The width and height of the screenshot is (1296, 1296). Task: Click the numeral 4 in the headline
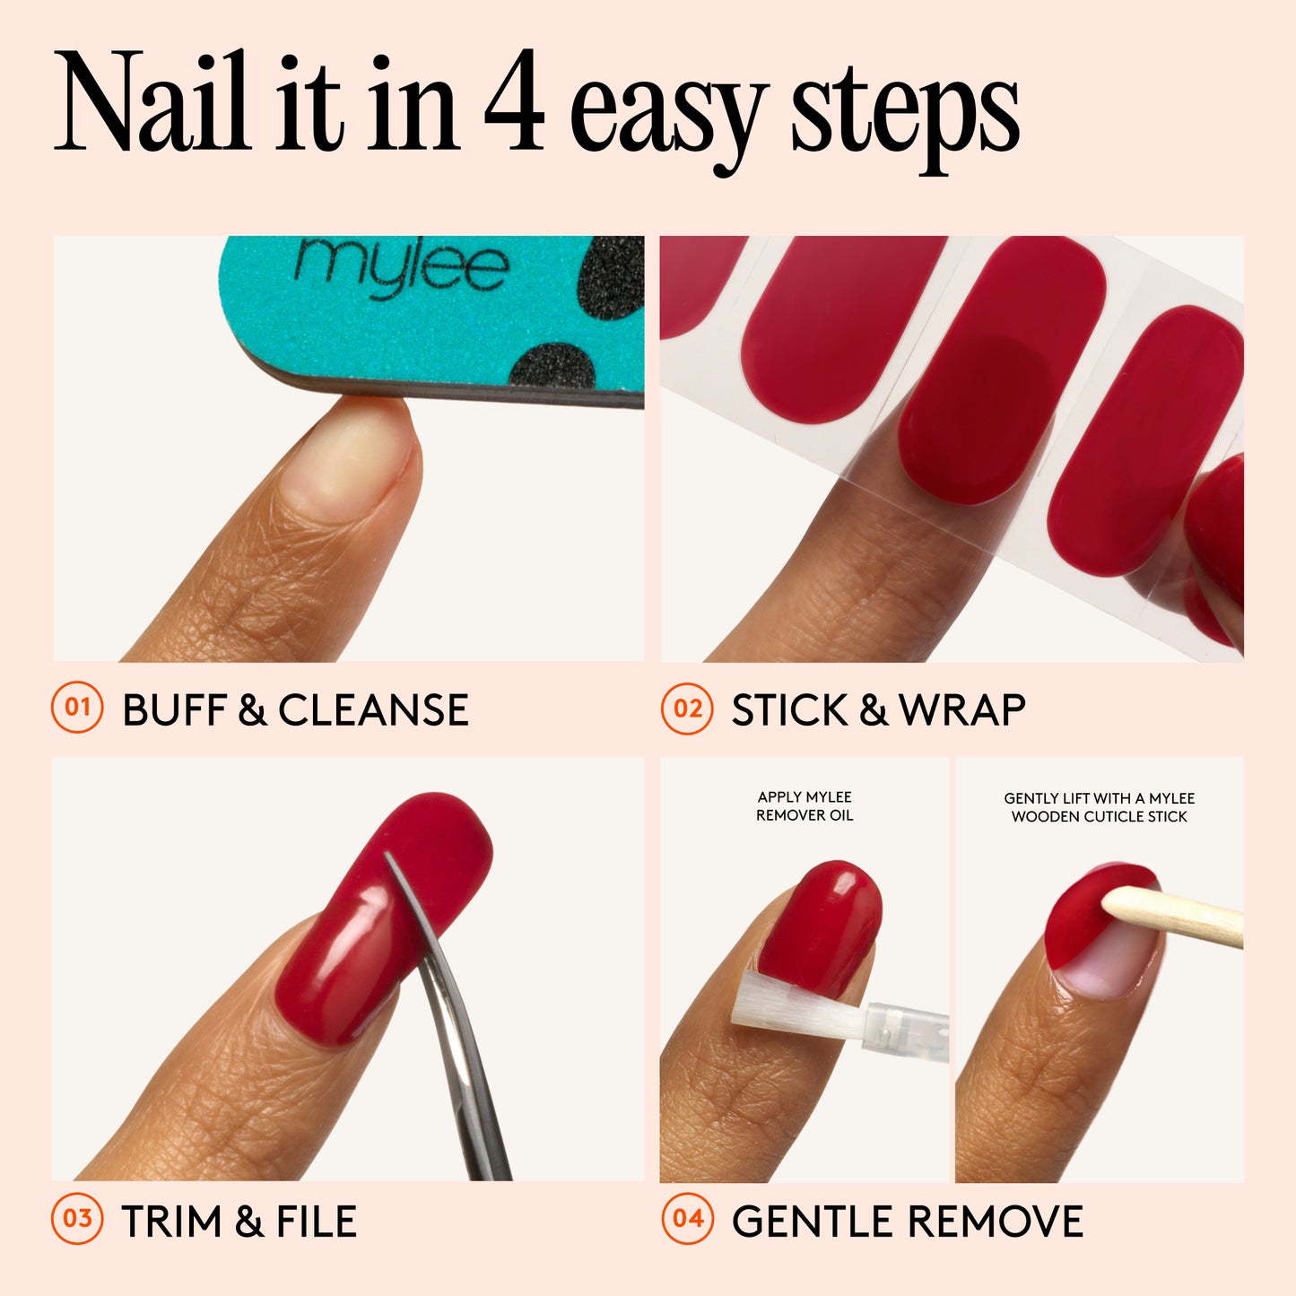[515, 106]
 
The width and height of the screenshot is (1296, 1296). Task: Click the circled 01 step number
[77, 709]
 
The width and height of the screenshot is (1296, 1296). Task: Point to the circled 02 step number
[687, 709]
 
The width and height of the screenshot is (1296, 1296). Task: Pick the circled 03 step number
[77, 1220]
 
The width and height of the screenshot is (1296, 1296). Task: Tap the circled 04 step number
[687, 1220]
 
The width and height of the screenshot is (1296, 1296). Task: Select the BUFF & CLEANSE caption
[295, 710]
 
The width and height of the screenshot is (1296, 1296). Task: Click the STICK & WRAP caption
[878, 710]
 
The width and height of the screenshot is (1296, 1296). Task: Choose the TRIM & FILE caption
[239, 1222]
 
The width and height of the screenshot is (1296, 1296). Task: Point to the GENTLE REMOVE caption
[907, 1222]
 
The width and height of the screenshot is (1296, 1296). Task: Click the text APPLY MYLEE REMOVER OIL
[805, 806]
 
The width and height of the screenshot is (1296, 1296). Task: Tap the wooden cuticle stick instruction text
[1099, 807]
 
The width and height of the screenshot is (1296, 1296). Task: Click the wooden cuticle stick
[1175, 917]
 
